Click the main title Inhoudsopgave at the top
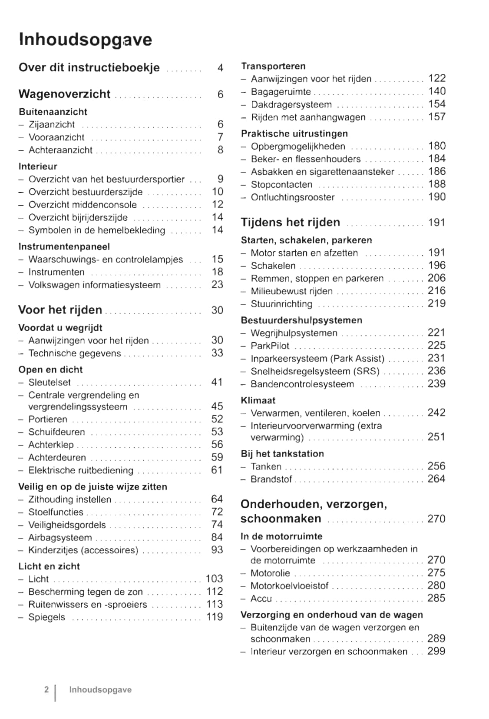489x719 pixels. pyautogui.click(x=85, y=40)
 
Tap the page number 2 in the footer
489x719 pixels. pyautogui.click(x=46, y=689)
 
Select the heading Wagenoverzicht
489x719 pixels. pyautogui.click(x=64, y=94)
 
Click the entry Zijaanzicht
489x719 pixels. pyautogui.click(x=51, y=125)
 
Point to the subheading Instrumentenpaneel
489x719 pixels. pyautogui.click(x=64, y=246)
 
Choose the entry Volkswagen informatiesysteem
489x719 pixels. pyautogui.click(x=94, y=285)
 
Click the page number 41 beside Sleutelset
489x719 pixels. pyautogui.click(x=217, y=382)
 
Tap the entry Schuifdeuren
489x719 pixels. pyautogui.click(x=56, y=432)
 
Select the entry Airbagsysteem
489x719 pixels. pyautogui.click(x=60, y=538)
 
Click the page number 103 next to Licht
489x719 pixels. pyautogui.click(x=214, y=579)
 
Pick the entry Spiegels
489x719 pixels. pyautogui.click(x=46, y=617)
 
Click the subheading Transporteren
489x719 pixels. pyautogui.click(x=273, y=66)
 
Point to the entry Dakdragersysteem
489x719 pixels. pyautogui.click(x=291, y=105)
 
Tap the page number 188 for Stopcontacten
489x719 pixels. pyautogui.click(x=436, y=184)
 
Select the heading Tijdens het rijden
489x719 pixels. pyautogui.click(x=290, y=222)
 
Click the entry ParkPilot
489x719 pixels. pyautogui.click(x=270, y=346)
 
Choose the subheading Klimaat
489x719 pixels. pyautogui.click(x=258, y=400)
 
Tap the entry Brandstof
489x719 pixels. pyautogui.click(x=271, y=479)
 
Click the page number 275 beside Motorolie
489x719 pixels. pyautogui.click(x=436, y=573)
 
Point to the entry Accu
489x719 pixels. pyautogui.click(x=261, y=599)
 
